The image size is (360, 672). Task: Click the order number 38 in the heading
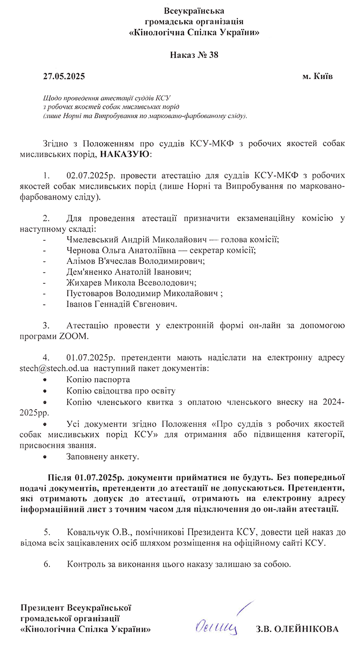pyautogui.click(x=213, y=55)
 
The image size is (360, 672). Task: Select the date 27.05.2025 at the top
pyautogui.click(x=64, y=76)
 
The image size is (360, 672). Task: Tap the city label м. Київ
pyautogui.click(x=318, y=76)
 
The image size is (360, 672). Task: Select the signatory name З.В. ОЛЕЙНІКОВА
pyautogui.click(x=297, y=629)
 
